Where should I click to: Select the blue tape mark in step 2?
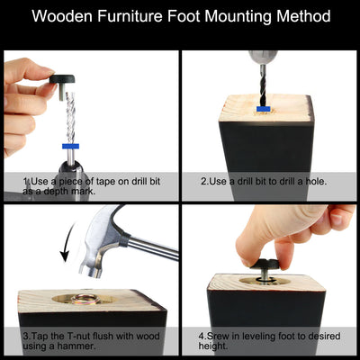262,109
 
